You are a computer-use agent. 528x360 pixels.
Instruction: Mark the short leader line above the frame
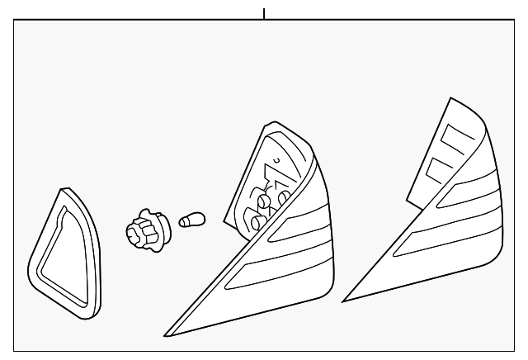pos(264,13)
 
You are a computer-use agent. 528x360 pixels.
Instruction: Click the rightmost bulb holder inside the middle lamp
pos(284,197)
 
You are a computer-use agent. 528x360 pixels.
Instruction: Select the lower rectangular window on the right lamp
pos(435,171)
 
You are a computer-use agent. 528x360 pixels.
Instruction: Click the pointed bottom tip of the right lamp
pos(345,298)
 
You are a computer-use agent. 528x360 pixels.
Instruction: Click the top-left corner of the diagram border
pos(15,22)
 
